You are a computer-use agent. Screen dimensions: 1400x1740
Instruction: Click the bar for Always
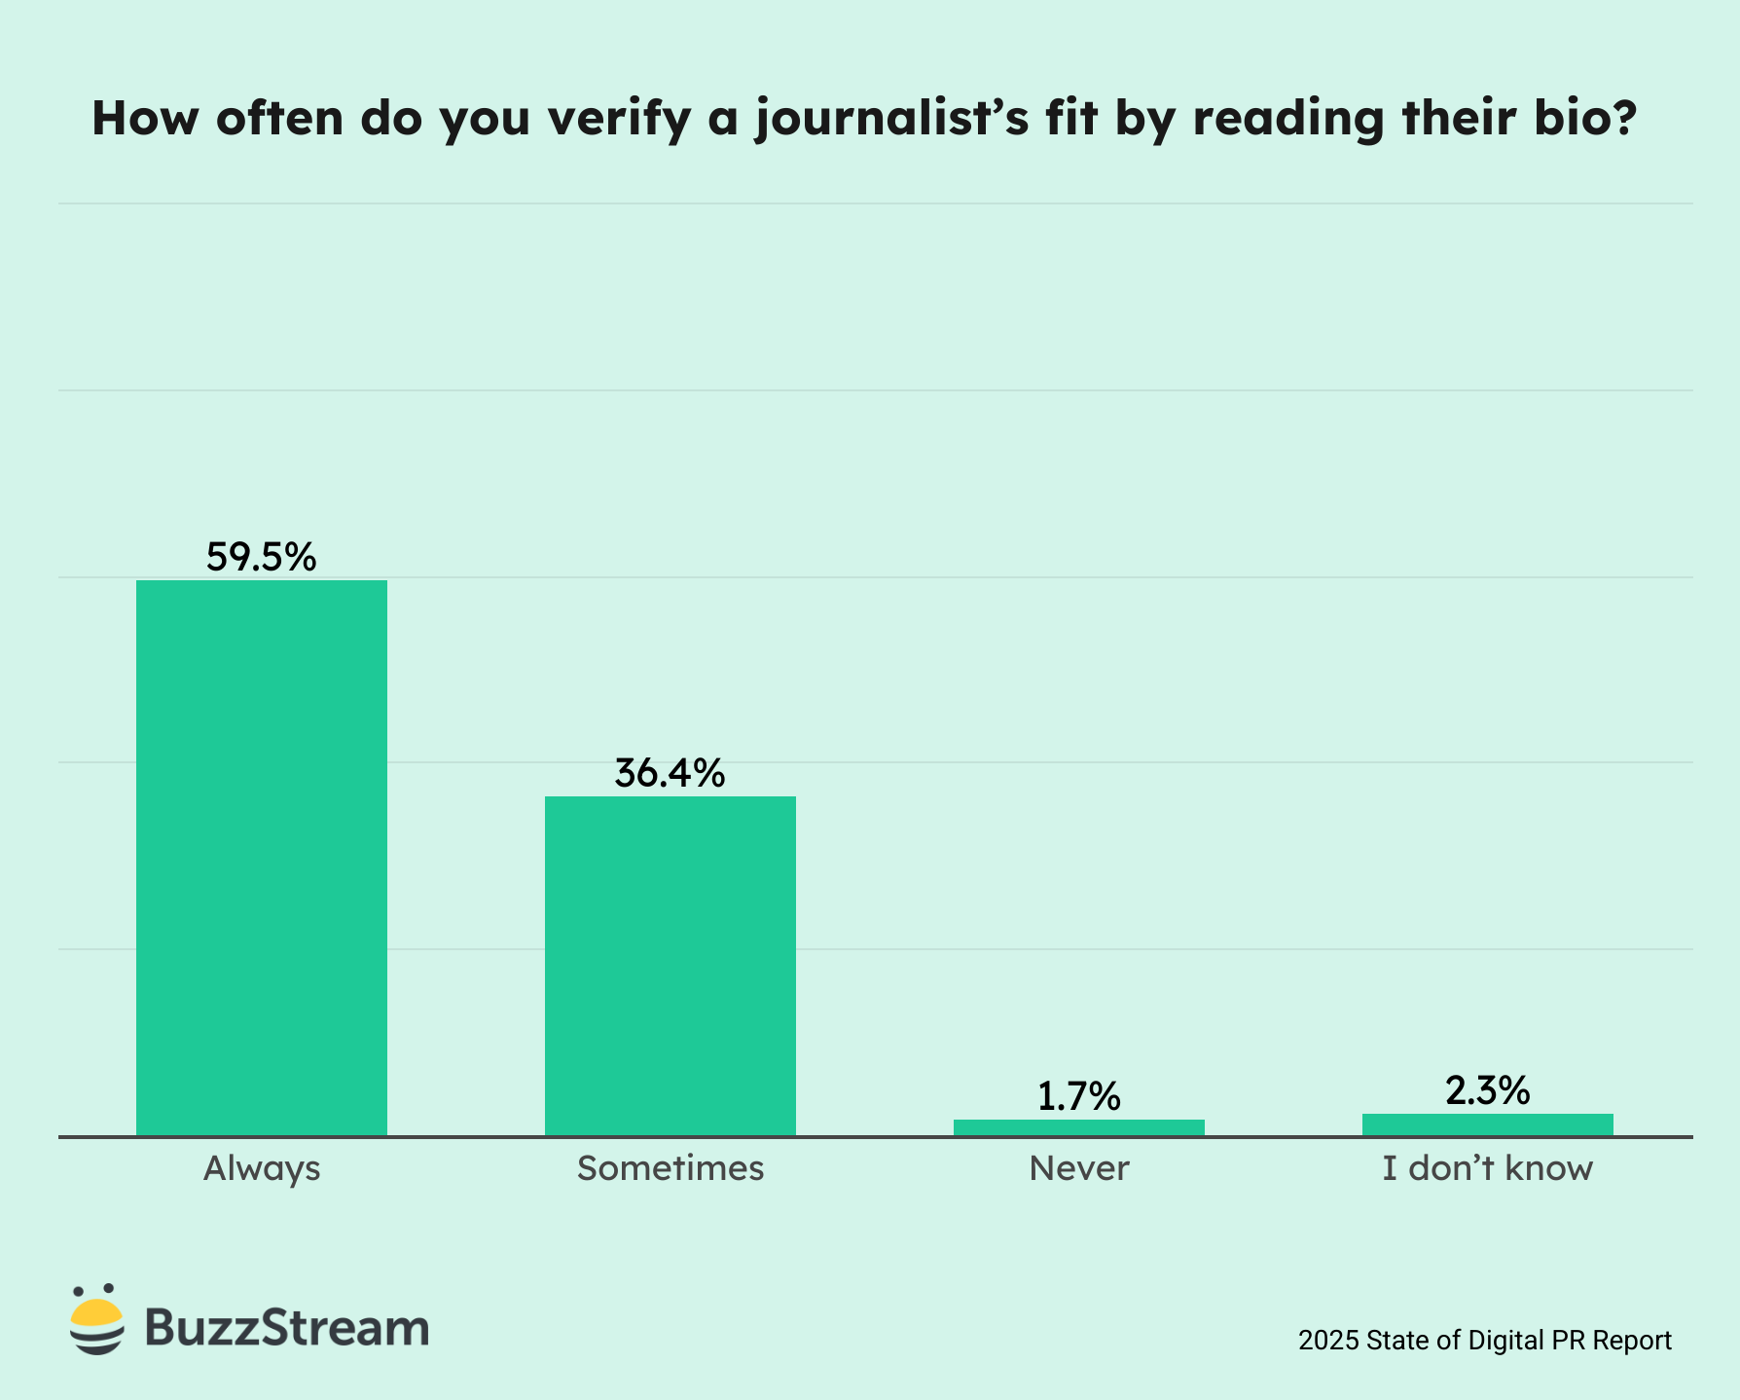(261, 857)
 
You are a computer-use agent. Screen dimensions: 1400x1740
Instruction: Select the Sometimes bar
(670, 965)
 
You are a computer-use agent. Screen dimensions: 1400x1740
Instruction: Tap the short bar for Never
(1078, 1127)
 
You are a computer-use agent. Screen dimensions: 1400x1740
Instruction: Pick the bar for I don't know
(1487, 1124)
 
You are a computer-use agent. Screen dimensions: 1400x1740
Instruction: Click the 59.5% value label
(261, 557)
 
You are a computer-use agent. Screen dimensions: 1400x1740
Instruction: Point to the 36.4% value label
(670, 773)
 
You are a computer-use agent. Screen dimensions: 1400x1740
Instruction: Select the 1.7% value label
(1078, 1097)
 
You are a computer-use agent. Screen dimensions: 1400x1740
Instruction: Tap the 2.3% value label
(1487, 1091)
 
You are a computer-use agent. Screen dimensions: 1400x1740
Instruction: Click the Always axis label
(261, 1168)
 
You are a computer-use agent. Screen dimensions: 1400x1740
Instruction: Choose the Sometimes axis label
(670, 1168)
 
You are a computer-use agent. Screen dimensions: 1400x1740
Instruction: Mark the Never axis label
(1078, 1168)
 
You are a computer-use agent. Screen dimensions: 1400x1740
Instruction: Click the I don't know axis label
(1487, 1168)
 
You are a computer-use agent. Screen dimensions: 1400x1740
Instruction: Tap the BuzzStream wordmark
(287, 1327)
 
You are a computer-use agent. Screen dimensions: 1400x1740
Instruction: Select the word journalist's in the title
(890, 119)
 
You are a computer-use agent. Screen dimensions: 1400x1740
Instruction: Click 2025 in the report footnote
(1328, 1341)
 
